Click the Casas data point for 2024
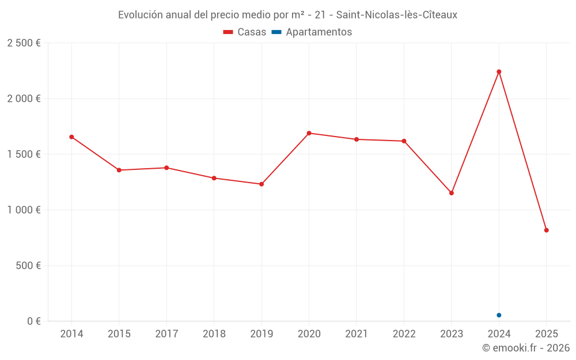coord(499,71)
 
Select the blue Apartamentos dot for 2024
coord(499,315)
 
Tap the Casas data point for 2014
coord(71,137)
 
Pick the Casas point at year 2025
coord(547,230)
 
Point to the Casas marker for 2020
coord(309,133)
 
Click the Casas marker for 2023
coord(452,193)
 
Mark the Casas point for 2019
coord(262,184)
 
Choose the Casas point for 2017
coord(166,168)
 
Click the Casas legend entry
coord(245,32)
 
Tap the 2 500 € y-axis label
coord(24,43)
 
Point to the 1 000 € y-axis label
coord(24,210)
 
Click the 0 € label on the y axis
coord(33,321)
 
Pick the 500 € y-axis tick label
coord(28,266)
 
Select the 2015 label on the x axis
coord(119,334)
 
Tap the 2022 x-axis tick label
coord(404,334)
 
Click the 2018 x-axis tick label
coord(214,334)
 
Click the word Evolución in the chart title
coord(140,15)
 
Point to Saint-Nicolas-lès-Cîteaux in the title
coord(397,15)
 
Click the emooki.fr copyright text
coord(526,348)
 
